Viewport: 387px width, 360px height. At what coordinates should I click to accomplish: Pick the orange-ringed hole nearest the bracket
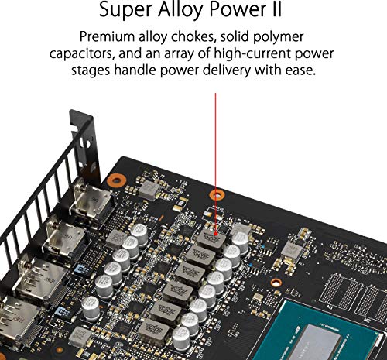click(x=116, y=180)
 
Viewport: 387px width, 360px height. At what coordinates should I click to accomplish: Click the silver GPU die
click(x=341, y=341)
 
